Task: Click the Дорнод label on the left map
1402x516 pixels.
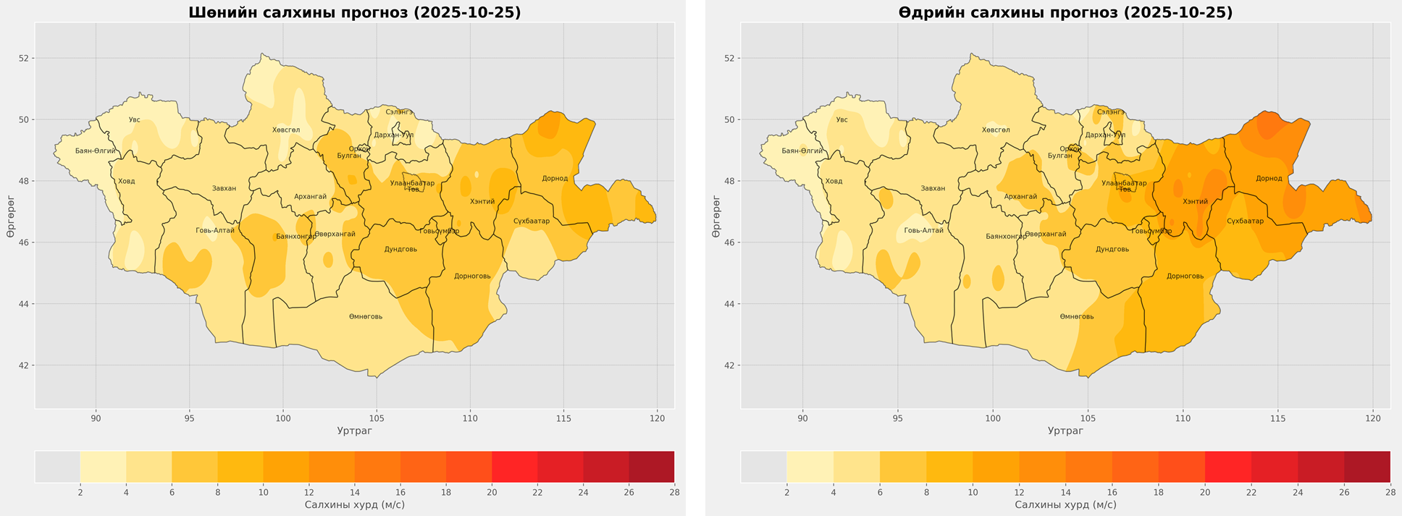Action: (x=555, y=179)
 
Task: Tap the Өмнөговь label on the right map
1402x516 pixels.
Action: (x=1077, y=317)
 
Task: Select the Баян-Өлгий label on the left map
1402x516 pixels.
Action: (x=96, y=151)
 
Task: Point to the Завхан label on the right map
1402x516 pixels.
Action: (x=933, y=189)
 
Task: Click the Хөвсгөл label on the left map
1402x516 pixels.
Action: (x=286, y=130)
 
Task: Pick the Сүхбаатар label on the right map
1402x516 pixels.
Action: (x=1246, y=221)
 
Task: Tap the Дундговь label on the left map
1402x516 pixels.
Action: (x=400, y=250)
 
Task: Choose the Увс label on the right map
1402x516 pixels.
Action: (x=841, y=120)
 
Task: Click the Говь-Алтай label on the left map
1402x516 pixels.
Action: (x=215, y=231)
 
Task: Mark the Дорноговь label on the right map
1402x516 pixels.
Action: (x=1185, y=276)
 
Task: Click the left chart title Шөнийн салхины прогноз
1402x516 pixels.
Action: (x=355, y=12)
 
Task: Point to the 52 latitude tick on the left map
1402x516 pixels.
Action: (x=24, y=59)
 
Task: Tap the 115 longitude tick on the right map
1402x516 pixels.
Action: (x=1277, y=418)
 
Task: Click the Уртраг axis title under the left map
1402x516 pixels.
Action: (x=355, y=431)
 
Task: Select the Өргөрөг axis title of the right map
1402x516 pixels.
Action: (x=716, y=216)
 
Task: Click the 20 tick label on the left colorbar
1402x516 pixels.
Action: (x=492, y=493)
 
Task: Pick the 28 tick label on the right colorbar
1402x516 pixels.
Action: (x=1390, y=493)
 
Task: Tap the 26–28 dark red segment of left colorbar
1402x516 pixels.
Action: (x=651, y=467)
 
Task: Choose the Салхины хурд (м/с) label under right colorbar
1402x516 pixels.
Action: (x=1065, y=505)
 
